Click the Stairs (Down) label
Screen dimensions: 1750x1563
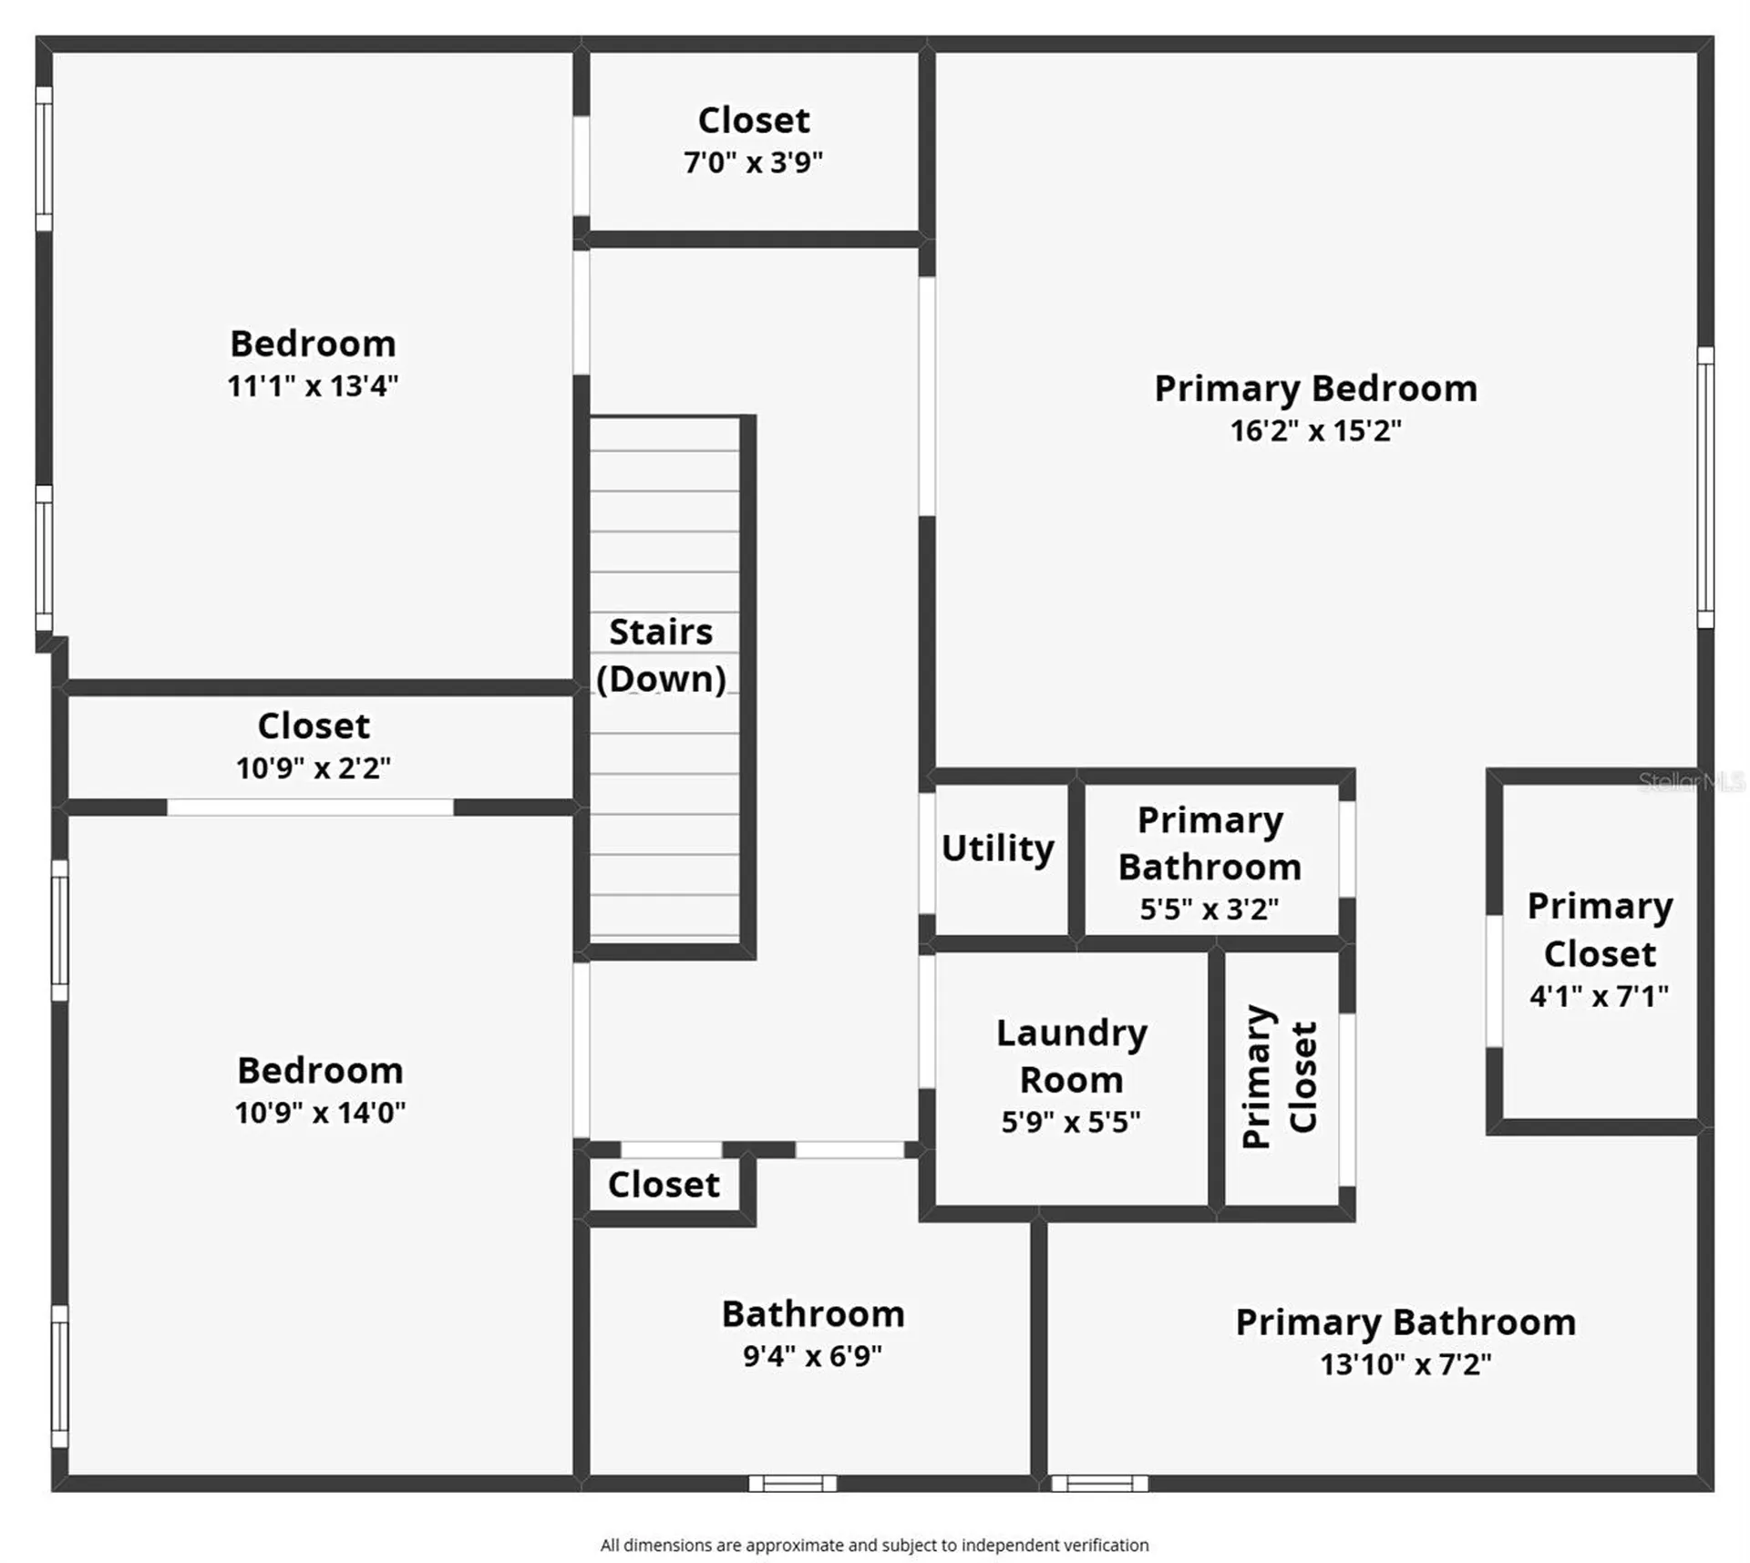[661, 655]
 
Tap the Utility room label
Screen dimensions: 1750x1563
[998, 848]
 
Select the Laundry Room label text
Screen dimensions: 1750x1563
[1071, 1056]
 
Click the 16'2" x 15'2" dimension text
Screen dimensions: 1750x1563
[1315, 430]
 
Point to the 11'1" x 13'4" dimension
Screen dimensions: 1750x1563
[313, 386]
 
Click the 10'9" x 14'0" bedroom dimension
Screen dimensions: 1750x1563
[320, 1112]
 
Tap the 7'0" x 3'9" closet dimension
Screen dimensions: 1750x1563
[753, 162]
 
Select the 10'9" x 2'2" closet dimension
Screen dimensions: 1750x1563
[313, 768]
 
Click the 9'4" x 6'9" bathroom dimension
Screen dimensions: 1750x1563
[812, 1356]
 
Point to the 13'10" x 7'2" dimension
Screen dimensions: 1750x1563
[1405, 1364]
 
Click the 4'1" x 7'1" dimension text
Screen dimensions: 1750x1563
[1599, 996]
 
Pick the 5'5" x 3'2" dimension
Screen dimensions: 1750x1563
[1210, 909]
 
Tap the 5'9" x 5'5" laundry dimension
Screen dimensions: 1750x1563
[1071, 1122]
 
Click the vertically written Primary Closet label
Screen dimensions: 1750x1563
[1281, 1077]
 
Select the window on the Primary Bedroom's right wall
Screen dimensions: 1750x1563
[1705, 488]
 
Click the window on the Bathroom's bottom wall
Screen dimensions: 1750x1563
[792, 1483]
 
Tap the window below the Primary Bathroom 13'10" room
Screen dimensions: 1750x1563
[1099, 1483]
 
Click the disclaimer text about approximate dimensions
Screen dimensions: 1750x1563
[874, 1545]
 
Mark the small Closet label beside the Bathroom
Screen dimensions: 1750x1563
[664, 1185]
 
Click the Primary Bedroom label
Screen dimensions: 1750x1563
[1315, 389]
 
